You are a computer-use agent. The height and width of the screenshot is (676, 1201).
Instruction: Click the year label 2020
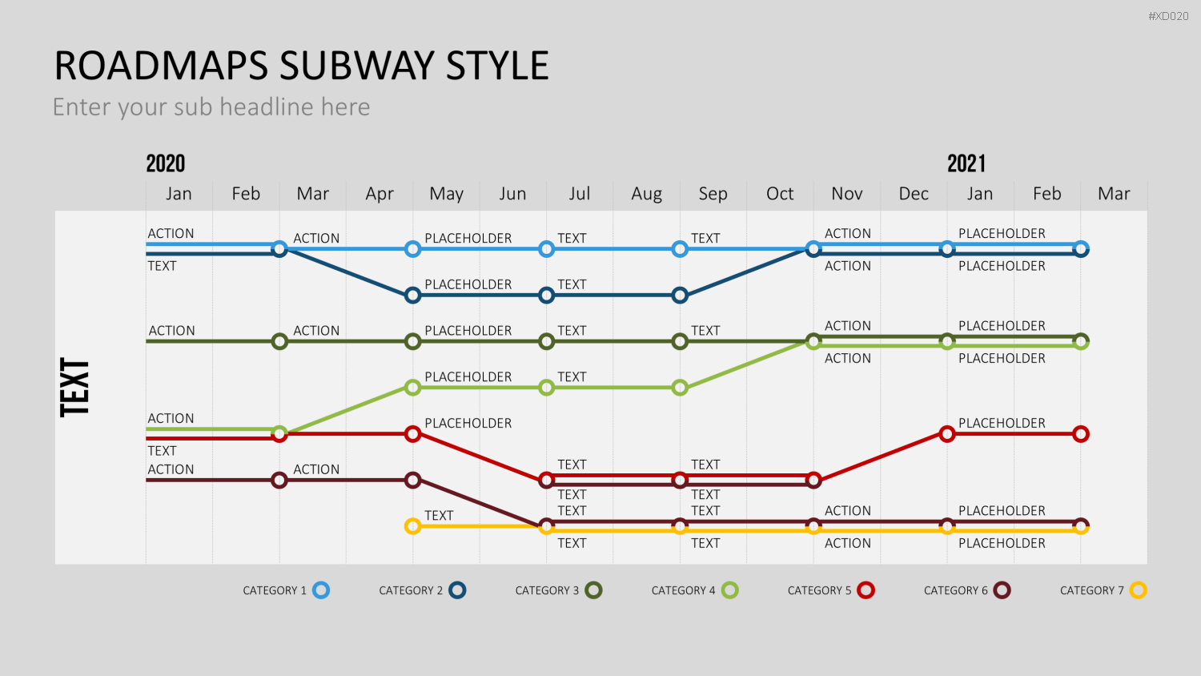point(165,163)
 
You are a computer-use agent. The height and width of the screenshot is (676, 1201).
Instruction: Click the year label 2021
point(966,163)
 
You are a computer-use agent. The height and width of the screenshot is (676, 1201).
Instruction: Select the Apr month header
point(380,194)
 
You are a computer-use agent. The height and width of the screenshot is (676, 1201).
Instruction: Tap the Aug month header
point(647,194)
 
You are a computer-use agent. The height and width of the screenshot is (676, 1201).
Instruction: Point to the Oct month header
point(780,194)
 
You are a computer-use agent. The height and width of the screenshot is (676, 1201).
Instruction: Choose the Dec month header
point(914,194)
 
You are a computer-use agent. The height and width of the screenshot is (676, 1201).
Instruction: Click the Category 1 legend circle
point(321,590)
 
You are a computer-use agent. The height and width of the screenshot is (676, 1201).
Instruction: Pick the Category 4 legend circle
point(729,590)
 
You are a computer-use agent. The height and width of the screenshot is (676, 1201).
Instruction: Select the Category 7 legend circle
point(1139,590)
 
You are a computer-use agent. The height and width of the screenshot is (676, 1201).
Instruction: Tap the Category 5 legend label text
point(819,590)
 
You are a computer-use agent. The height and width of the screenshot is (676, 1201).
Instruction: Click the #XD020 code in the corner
point(1168,16)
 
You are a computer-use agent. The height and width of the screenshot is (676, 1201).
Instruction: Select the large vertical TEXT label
point(74,388)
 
